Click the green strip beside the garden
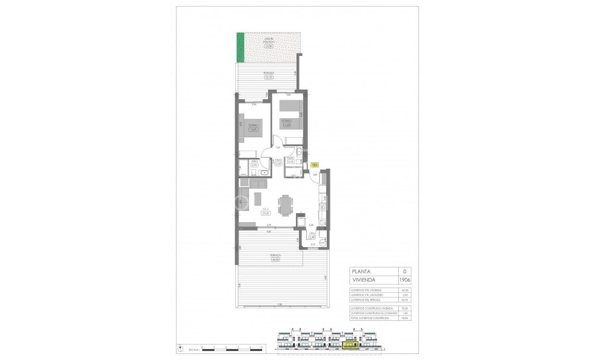[241, 48]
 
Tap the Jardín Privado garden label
[269, 43]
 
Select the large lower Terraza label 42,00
[275, 257]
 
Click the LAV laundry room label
[311, 235]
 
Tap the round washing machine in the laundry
[322, 241]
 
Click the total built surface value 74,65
[388, 318]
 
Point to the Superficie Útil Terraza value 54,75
[388, 301]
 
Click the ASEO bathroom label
[254, 161]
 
